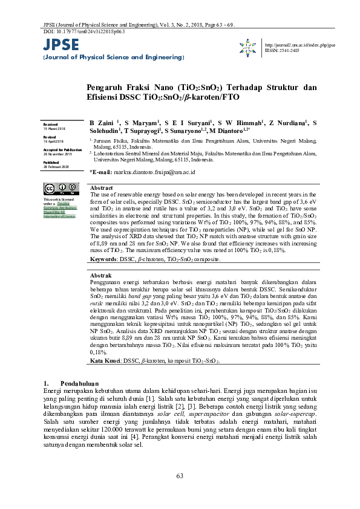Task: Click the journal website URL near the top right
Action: coord(300,45)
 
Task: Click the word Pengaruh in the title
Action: coord(108,87)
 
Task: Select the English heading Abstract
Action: coord(101,189)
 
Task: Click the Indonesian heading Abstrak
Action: coord(100,276)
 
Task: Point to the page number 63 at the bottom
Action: coord(180,476)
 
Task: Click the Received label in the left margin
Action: coord(50,124)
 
